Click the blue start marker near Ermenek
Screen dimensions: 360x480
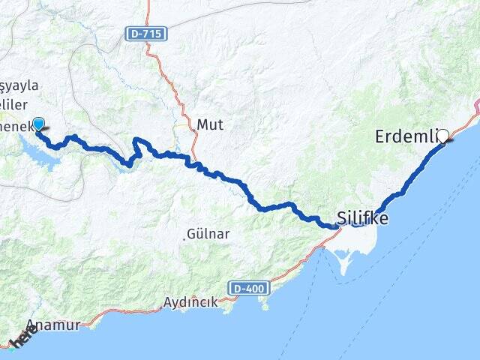[38, 124]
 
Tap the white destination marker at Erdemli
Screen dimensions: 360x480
[442, 136]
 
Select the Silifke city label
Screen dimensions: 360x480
[364, 217]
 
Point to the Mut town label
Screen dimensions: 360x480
[206, 124]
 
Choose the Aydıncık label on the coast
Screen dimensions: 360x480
[190, 302]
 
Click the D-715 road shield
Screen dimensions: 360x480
[146, 34]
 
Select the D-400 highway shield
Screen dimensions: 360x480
[248, 288]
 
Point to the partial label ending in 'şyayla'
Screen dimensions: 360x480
[19, 85]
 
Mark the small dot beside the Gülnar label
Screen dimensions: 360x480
[184, 238]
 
